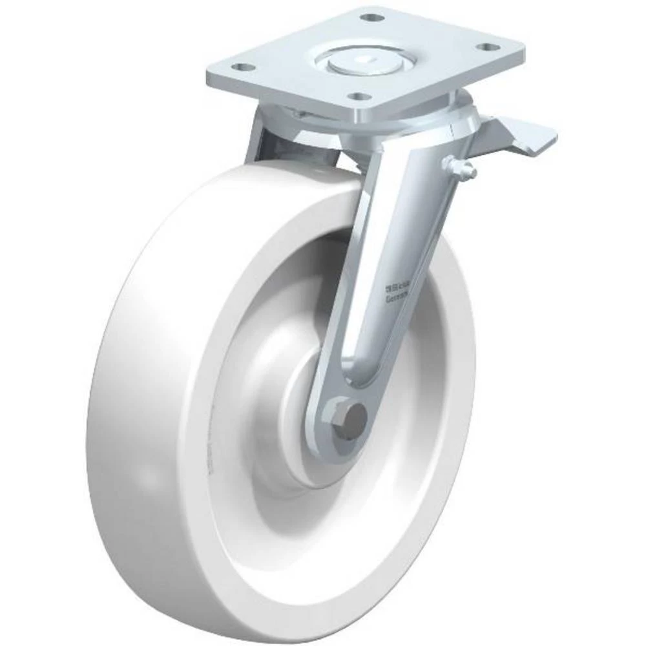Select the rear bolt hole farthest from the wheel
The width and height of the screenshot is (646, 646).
pos(370,17)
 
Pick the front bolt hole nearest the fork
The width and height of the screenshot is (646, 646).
pos(355,97)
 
